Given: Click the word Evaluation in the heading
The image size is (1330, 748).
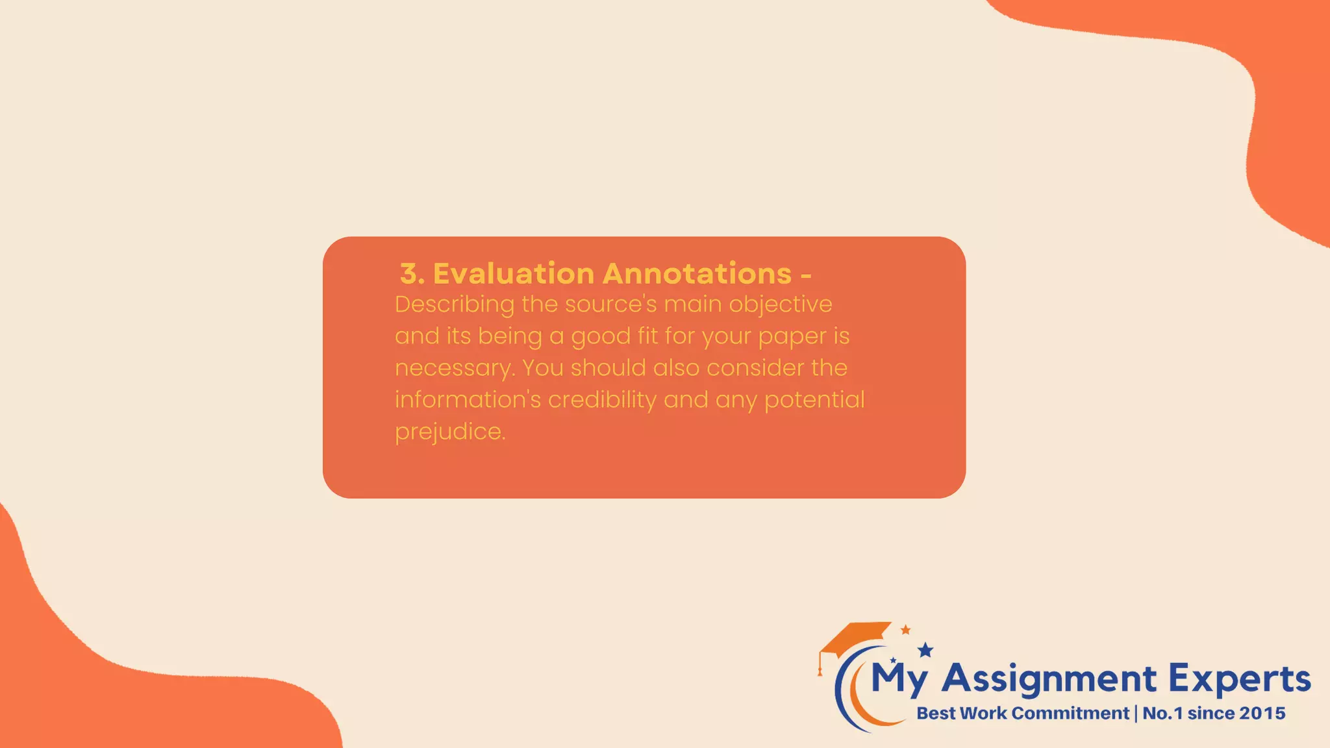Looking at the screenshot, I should pyautogui.click(x=514, y=273).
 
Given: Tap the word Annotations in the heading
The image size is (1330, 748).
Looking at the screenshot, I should pyautogui.click(x=697, y=273).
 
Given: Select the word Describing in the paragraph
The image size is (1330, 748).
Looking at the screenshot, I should pyautogui.click(x=454, y=305).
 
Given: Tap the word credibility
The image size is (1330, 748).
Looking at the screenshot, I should pyautogui.click(x=602, y=400).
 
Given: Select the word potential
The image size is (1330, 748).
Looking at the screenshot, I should pyautogui.click(x=814, y=400).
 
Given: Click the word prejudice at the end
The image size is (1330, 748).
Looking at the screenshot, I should pyautogui.click(x=449, y=432).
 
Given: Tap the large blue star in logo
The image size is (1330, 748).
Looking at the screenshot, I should pyautogui.click(x=925, y=650).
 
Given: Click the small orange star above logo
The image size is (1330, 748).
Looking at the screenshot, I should pyautogui.click(x=905, y=629).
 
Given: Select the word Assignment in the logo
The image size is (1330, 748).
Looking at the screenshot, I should pyautogui.click(x=1048, y=680).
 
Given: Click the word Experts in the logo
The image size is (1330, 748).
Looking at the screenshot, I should pyautogui.click(x=1239, y=680).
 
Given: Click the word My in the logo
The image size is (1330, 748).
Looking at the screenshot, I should pyautogui.click(x=899, y=680).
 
